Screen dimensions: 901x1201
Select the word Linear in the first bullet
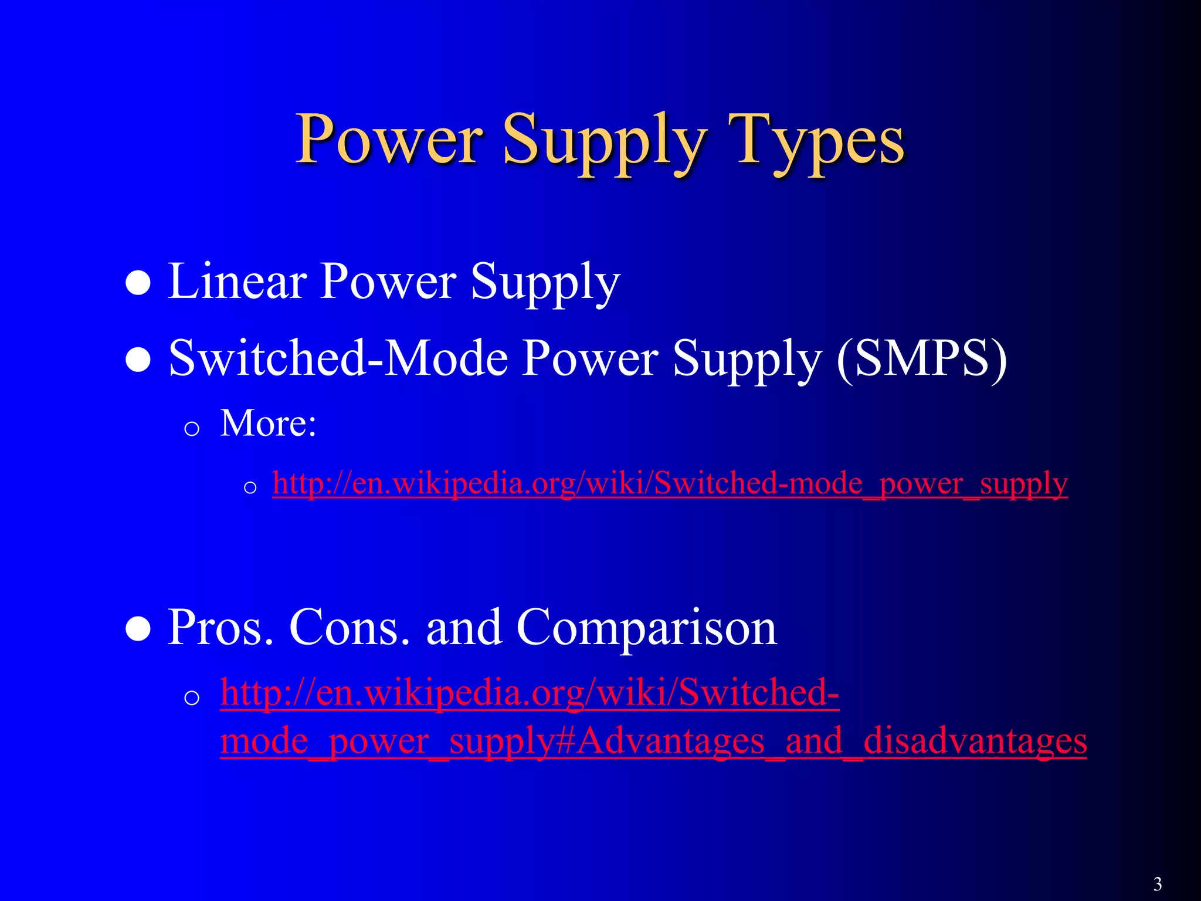[237, 281]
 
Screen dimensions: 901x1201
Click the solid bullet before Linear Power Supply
[139, 284]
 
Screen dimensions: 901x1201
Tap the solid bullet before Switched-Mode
[139, 360]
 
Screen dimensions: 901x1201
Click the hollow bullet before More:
[192, 429]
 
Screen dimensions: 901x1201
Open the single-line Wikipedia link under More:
[670, 483]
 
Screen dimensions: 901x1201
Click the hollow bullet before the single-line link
[250, 487]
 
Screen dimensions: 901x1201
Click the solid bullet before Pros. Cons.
[139, 630]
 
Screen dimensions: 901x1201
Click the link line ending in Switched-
[530, 693]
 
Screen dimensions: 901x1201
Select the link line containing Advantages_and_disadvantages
[653, 741]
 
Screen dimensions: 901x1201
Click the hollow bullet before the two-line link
[192, 698]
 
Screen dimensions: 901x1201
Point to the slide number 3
[1157, 883]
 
